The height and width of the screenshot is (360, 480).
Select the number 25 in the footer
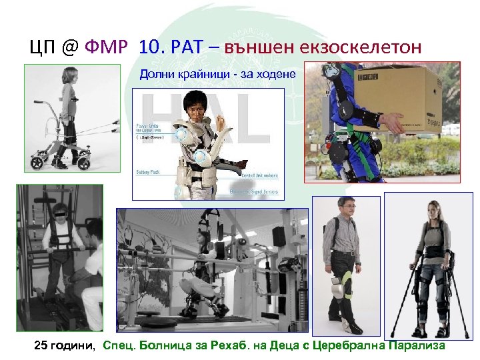pyautogui.click(x=41, y=347)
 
